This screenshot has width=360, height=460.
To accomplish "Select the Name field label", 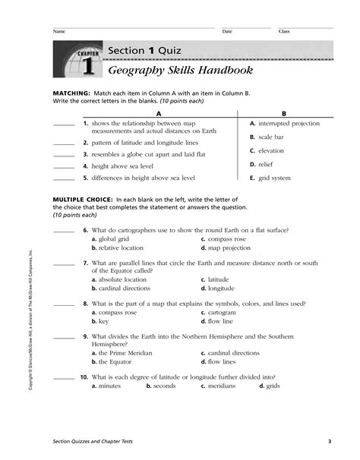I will click(x=58, y=31).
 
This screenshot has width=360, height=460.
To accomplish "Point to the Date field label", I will click(x=227, y=31).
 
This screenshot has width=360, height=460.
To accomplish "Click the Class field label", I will click(x=284, y=31).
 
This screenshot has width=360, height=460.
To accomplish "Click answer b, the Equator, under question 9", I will click(x=115, y=362).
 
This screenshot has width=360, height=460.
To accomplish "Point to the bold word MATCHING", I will click(x=71, y=91).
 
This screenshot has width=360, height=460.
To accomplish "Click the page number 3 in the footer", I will click(x=330, y=443).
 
